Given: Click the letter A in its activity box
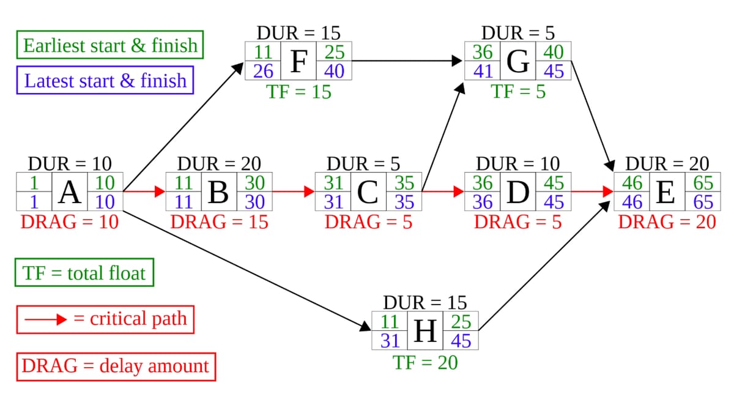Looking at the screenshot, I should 70,192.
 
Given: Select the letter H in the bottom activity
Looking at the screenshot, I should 425,330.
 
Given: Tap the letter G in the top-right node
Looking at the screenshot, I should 518,61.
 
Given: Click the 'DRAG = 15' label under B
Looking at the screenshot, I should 219,221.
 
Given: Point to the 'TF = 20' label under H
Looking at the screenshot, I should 425,362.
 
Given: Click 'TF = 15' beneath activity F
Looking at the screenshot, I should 298,92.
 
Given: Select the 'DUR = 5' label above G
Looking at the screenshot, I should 518,32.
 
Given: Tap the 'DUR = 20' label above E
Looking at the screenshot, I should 667,163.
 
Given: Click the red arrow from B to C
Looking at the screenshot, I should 293,192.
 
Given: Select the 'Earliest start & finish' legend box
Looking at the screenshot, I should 110,45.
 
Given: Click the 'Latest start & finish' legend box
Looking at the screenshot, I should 105,80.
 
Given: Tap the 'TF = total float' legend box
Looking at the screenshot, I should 84,273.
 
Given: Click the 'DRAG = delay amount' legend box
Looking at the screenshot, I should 116,366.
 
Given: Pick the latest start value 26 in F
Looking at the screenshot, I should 263,71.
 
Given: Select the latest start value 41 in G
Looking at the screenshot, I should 483,71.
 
